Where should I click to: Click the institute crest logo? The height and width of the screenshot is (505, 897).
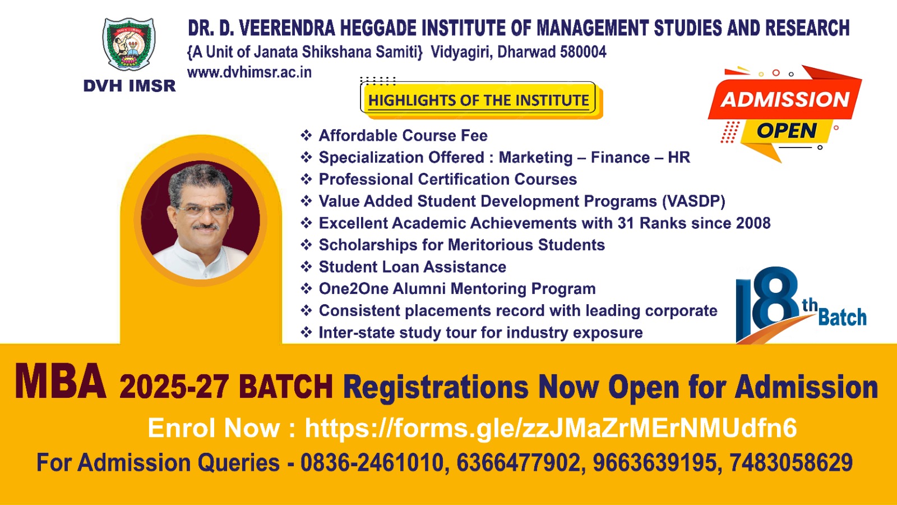[129, 44]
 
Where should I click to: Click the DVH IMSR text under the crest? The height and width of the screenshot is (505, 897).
[130, 86]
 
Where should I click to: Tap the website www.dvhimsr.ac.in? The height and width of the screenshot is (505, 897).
[249, 72]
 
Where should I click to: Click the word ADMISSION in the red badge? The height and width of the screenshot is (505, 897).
[785, 99]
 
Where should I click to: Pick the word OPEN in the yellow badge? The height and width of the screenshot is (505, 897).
[787, 131]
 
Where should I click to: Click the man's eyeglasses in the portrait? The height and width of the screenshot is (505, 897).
[203, 210]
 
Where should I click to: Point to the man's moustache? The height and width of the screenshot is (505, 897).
[205, 227]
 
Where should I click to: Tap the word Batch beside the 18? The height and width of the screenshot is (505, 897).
[842, 318]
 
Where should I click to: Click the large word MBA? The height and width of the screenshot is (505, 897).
[61, 381]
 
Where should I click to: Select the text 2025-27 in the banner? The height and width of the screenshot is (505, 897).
[174, 387]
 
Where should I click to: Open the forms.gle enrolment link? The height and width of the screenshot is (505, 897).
[551, 428]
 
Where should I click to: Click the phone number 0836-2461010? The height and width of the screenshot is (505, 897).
[372, 462]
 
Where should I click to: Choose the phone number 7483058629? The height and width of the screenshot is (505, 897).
[791, 462]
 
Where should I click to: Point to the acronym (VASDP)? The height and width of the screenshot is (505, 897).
[693, 201]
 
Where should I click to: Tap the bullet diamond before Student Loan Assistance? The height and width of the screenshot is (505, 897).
[306, 267]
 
